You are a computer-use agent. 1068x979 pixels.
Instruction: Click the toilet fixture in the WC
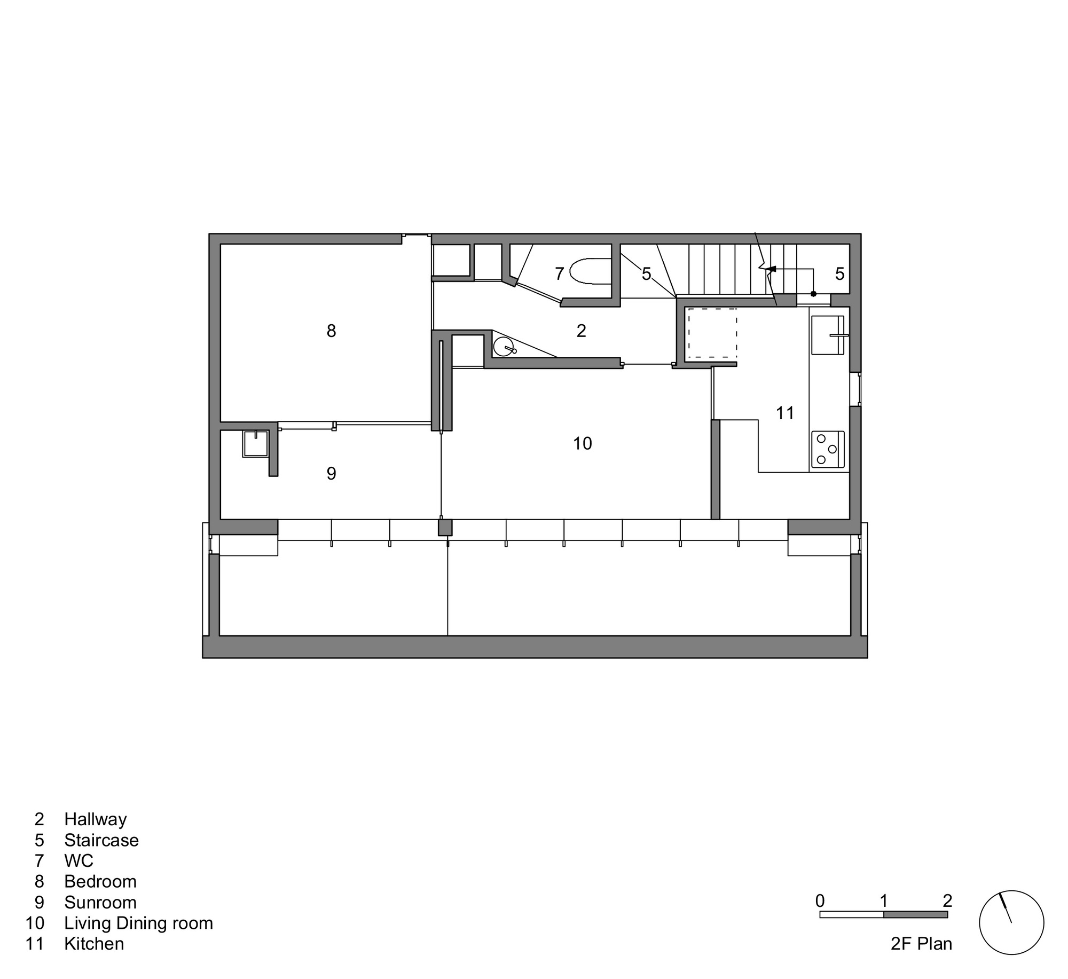click(590, 272)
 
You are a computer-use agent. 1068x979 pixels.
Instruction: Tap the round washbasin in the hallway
click(502, 347)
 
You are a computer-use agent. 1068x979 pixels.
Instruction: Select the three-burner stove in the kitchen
click(827, 449)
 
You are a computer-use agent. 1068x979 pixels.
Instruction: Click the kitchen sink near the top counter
click(827, 335)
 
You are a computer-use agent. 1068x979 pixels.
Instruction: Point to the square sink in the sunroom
click(255, 443)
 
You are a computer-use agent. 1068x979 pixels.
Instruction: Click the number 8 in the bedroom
click(331, 331)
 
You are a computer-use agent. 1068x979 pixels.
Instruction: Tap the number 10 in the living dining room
click(582, 443)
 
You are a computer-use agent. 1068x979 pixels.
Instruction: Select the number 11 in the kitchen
click(785, 413)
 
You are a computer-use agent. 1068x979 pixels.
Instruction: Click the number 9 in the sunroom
click(331, 473)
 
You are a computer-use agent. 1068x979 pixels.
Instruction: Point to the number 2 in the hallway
click(581, 331)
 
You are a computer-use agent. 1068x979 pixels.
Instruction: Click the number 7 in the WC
click(559, 274)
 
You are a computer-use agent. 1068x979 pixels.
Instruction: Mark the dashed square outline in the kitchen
click(712, 333)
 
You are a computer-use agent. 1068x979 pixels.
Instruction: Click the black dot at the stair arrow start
click(813, 294)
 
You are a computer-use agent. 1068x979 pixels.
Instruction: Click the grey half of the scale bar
click(915, 915)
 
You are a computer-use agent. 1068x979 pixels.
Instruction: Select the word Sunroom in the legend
click(100, 902)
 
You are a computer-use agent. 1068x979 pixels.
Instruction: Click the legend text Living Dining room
click(138, 923)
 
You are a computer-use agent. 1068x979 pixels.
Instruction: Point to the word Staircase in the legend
click(101, 840)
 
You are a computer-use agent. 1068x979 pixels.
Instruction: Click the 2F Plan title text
click(921, 944)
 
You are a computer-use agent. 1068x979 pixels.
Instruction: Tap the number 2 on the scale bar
click(947, 901)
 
